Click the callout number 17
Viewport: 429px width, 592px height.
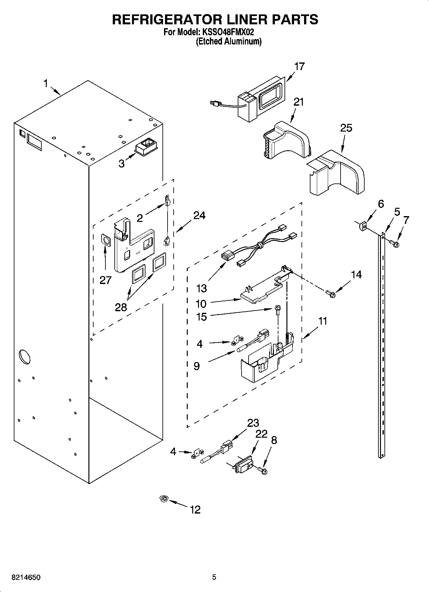tap(299, 67)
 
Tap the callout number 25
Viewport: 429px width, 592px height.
tap(346, 128)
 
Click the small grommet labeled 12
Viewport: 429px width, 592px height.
tap(164, 499)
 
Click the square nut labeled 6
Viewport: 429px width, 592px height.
tap(362, 227)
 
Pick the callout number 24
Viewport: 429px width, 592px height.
tap(199, 215)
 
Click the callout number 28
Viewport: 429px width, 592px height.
tap(121, 307)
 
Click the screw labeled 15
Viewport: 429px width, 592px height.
tap(277, 310)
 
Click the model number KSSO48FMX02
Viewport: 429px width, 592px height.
tap(228, 32)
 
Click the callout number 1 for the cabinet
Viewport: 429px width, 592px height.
tap(45, 84)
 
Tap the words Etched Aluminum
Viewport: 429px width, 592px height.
tap(229, 41)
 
